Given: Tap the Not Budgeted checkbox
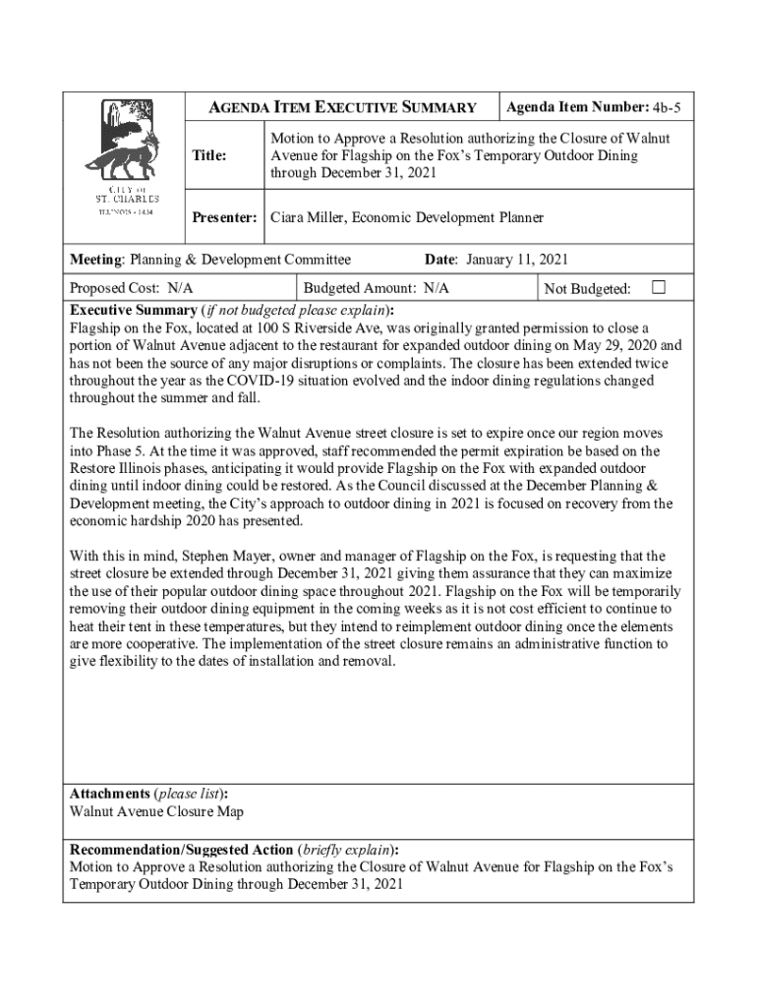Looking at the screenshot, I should pos(659,287).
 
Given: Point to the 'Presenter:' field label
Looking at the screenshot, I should pos(224,217).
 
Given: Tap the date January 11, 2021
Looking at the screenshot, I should pos(518,260).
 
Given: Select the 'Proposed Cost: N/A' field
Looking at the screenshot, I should pos(131,288).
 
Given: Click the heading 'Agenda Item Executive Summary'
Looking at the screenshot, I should pos(344,107).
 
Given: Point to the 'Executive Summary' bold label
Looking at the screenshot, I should pos(133,309).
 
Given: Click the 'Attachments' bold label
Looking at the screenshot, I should pos(107,793).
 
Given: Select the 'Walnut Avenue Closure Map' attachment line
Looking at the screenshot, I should pos(156,812).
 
